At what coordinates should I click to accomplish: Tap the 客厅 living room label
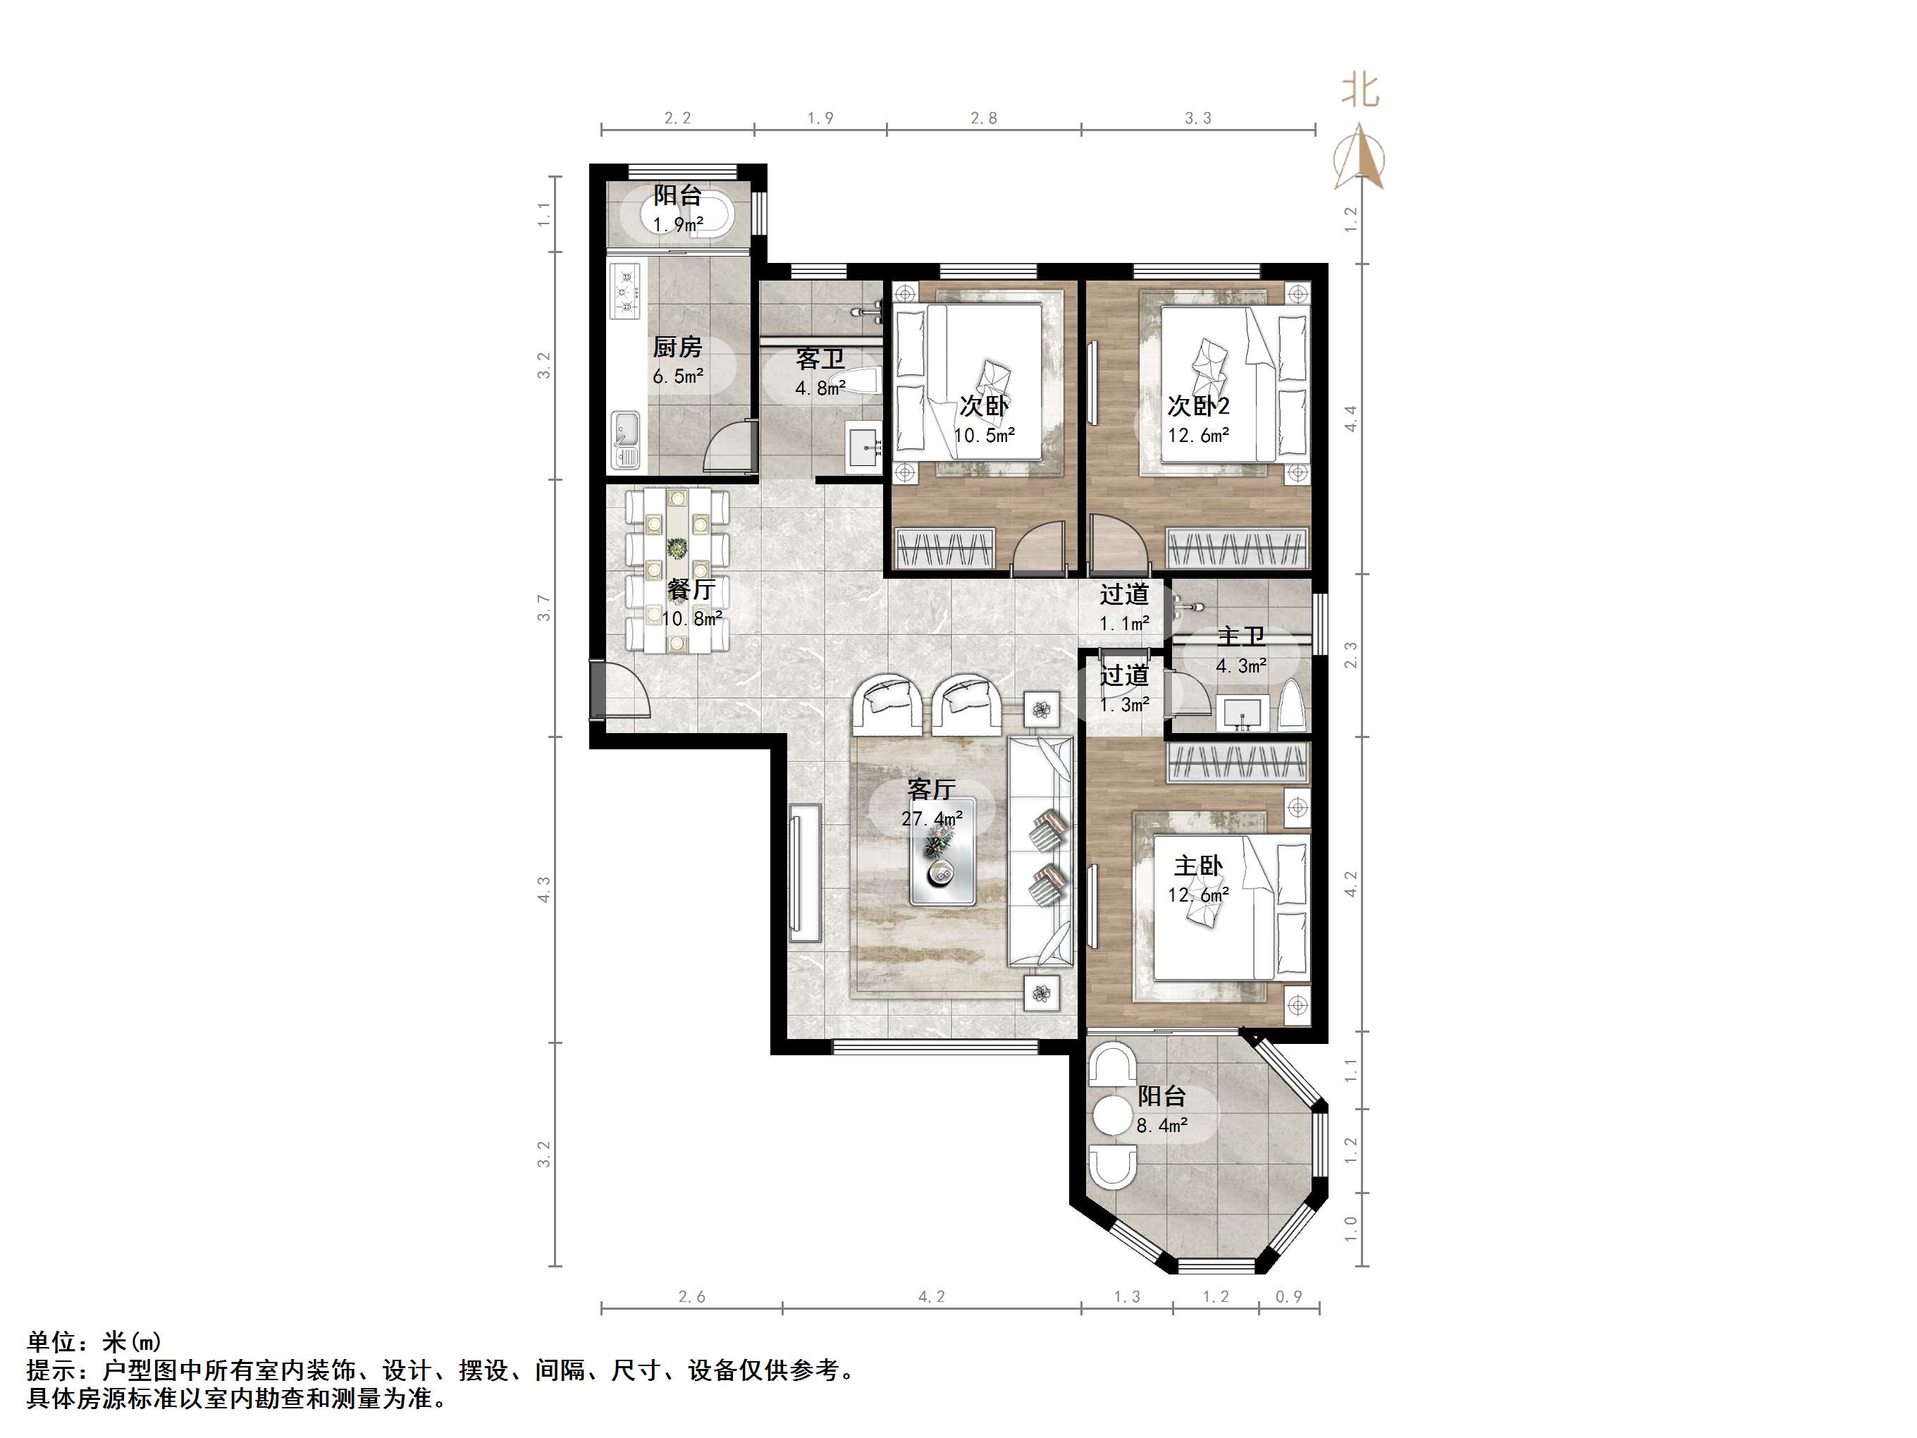point(931,789)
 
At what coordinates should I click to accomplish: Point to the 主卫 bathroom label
point(1241,637)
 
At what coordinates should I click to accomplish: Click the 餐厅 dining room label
point(691,589)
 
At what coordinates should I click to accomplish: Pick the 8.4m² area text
point(1161,1126)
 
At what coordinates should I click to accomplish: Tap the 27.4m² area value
point(932,818)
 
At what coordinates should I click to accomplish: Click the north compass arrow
point(1359,156)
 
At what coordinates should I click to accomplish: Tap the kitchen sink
point(625,439)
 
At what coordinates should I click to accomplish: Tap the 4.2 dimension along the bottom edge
point(932,1297)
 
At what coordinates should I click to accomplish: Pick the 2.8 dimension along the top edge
point(984,118)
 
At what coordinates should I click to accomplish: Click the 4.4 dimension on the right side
point(1351,419)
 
